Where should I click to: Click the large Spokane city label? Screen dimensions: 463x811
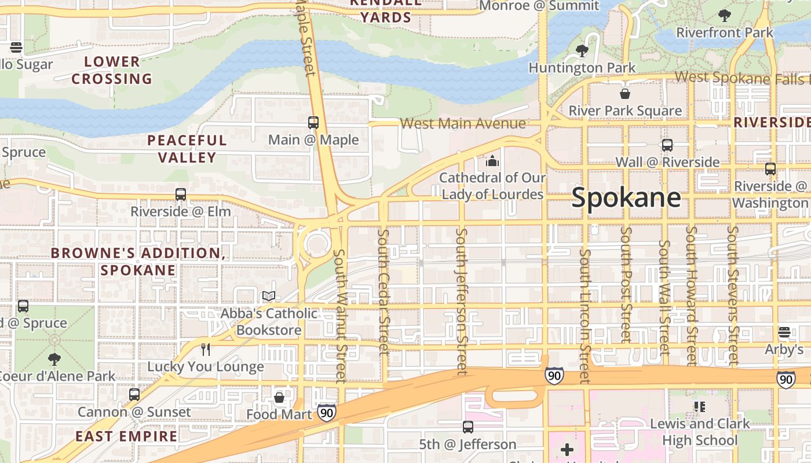(x=626, y=198)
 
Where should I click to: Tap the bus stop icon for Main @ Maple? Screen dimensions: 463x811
(x=313, y=123)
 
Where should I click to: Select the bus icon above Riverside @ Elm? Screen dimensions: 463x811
(x=181, y=194)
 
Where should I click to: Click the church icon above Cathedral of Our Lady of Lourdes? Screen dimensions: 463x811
(x=492, y=160)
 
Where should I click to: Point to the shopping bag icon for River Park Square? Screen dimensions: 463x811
(x=625, y=93)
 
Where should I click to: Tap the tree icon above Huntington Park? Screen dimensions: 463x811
(x=582, y=51)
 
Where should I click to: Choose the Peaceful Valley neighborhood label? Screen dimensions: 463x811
(x=187, y=149)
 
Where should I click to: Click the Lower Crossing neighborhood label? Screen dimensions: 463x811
(x=112, y=70)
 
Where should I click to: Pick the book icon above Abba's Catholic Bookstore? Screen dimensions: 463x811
(x=269, y=296)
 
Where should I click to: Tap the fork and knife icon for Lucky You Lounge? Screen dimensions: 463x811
(x=205, y=349)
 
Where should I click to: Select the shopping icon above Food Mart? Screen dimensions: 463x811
(x=279, y=398)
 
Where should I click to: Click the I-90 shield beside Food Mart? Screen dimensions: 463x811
(x=327, y=413)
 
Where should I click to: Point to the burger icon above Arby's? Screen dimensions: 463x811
(x=784, y=332)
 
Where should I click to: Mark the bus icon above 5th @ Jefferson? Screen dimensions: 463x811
(x=468, y=427)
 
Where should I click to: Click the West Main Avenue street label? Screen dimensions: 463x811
(x=463, y=123)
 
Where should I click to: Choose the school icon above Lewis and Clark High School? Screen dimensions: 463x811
(x=700, y=407)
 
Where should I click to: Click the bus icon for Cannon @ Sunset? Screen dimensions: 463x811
(x=134, y=395)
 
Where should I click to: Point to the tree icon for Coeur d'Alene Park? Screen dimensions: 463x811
(x=54, y=359)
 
